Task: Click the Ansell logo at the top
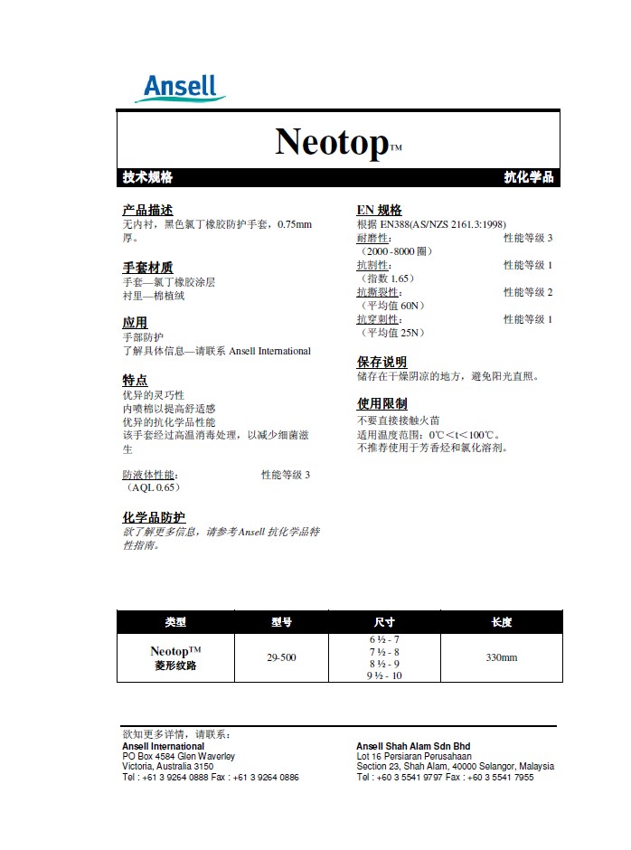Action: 181,88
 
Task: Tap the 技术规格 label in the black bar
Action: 147,177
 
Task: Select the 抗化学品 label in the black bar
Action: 528,177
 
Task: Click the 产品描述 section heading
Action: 147,210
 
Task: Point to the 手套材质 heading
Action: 147,268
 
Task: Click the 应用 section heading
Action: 135,323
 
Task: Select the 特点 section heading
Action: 135,381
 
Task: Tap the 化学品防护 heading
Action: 154,517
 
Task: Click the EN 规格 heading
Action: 380,210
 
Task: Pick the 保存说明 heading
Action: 381,362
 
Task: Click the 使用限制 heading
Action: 381,403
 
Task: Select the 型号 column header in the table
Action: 281,622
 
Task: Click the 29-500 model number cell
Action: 281,657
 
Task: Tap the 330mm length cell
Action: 502,657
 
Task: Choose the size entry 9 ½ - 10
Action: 384,675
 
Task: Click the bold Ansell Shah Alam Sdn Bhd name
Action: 413,746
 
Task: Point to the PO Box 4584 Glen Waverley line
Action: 178,756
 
